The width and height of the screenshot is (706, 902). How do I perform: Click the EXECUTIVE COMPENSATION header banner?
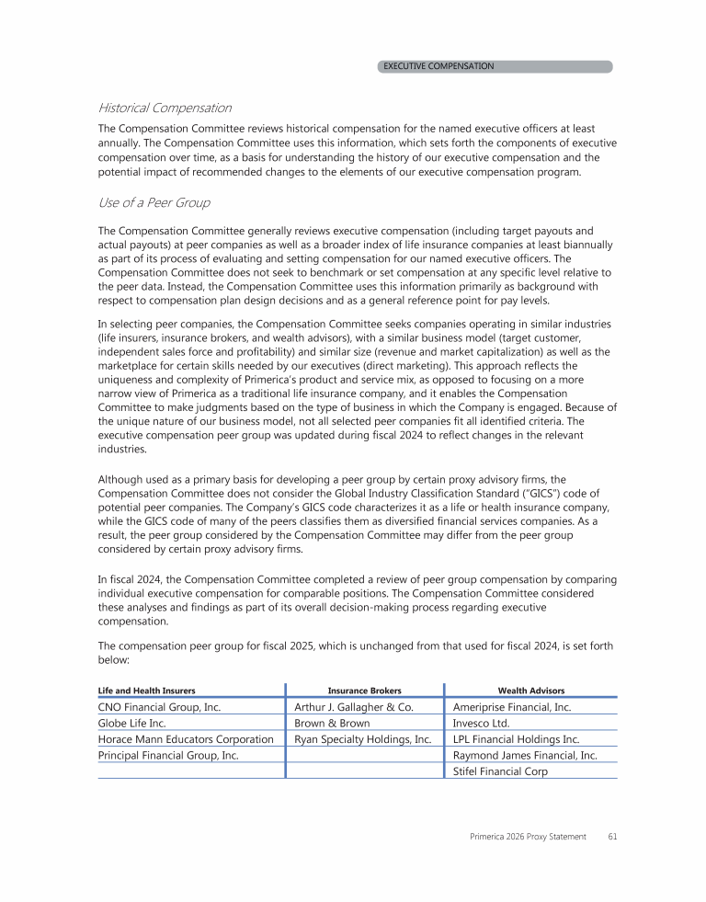(x=495, y=66)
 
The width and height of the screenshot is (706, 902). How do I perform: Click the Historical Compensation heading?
(x=165, y=108)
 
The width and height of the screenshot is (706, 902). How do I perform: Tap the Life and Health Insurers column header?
(x=146, y=690)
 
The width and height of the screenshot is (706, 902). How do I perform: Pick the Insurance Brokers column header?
(x=365, y=690)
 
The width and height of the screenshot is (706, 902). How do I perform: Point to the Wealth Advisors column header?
(x=531, y=690)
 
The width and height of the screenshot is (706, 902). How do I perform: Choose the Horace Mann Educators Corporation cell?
(x=186, y=739)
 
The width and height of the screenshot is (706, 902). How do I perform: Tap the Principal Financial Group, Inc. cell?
(x=168, y=755)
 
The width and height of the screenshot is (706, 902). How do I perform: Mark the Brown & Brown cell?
(x=332, y=723)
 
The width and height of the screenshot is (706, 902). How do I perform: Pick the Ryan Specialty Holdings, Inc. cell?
(x=362, y=739)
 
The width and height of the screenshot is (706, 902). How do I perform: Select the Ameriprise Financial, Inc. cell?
(x=513, y=707)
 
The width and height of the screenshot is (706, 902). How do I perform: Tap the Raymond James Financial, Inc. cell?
(x=526, y=755)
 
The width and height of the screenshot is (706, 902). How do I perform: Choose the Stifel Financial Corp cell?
(x=501, y=771)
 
